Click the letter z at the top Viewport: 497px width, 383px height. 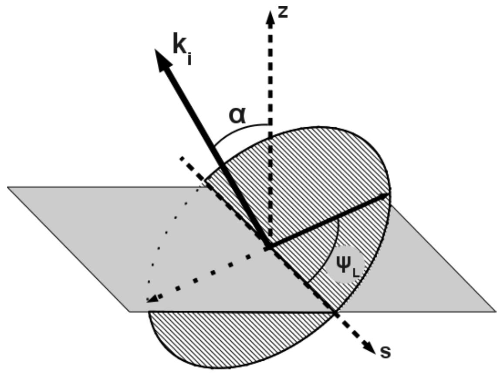pyautogui.click(x=283, y=13)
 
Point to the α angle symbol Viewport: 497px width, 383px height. pyautogui.click(x=237, y=115)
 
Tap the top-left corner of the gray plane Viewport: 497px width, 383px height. pyautogui.click(x=8, y=187)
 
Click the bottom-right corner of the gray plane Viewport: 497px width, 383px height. pyautogui.click(x=495, y=312)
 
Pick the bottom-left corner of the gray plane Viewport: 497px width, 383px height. pyautogui.click(x=129, y=312)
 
